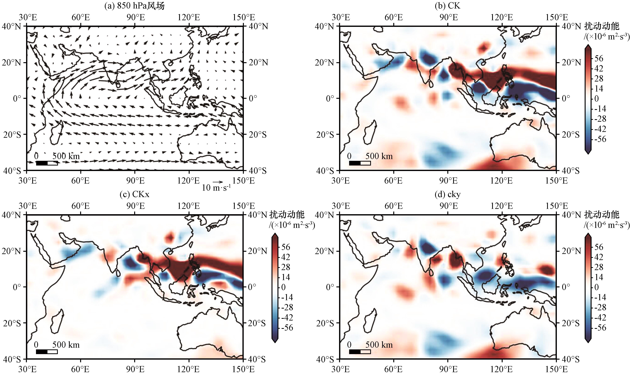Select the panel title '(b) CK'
click(447, 5)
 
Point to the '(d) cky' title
click(447, 194)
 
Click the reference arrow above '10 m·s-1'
click(218, 182)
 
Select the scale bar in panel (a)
click(47, 163)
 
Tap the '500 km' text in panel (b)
click(379, 156)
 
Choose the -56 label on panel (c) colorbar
click(287, 327)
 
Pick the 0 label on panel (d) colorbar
click(597, 287)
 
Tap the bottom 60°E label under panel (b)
click(393, 181)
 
